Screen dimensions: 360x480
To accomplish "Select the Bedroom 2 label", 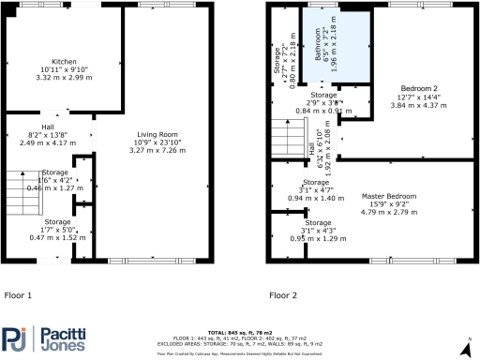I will pos(407,91).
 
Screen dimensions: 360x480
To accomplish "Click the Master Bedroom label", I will pos(388,196).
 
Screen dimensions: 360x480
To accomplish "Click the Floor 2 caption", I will pos(282,295).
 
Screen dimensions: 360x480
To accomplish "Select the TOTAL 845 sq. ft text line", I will pos(242,333).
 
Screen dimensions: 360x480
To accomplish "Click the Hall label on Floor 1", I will pos(47,127).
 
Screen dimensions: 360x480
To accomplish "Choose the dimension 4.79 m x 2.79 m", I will pos(388,211).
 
